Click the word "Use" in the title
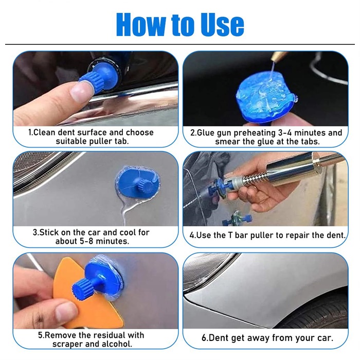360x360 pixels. tap(222, 25)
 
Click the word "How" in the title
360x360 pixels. tap(140, 25)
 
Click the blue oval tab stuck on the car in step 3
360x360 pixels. tap(138, 182)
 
